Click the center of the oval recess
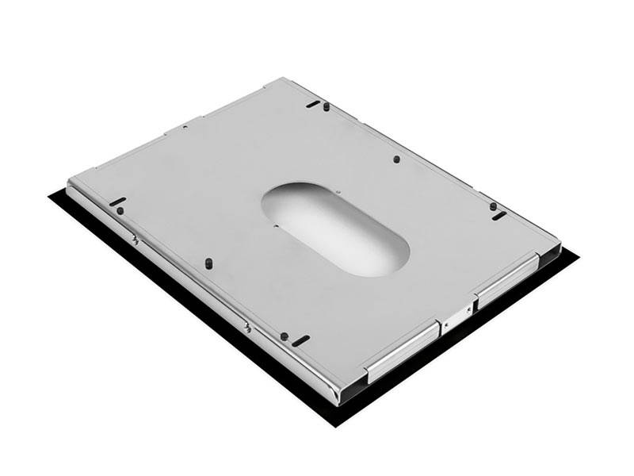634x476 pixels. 337,227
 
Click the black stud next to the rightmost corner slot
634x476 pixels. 493,206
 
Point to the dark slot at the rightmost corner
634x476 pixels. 498,216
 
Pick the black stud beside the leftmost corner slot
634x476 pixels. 120,211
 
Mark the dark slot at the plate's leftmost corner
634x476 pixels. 116,201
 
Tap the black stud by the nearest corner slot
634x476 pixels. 284,336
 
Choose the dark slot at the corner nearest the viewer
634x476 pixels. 300,340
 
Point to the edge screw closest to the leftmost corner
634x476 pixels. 136,239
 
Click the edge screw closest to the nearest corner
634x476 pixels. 248,327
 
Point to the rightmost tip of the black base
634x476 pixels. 578,258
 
